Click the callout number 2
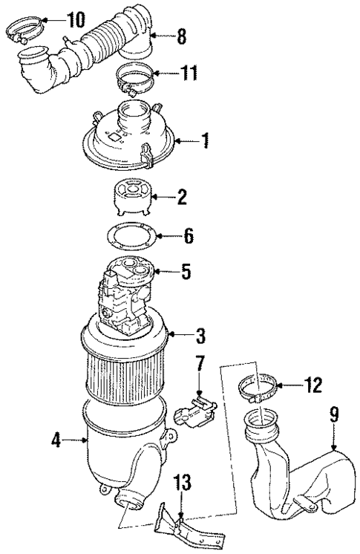182,198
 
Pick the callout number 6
189,238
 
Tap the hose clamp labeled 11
137,76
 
